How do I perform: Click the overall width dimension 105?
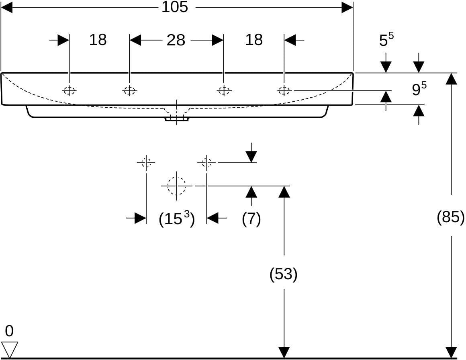[175, 7]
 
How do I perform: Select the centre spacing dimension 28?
[176, 40]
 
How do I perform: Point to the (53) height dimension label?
[283, 274]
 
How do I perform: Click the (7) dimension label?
[251, 219]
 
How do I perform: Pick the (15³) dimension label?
[176, 219]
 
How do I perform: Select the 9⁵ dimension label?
[419, 88]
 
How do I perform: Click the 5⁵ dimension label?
[386, 39]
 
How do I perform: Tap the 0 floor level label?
[9, 331]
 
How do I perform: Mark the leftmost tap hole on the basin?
[69, 90]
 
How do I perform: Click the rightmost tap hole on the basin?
[284, 90]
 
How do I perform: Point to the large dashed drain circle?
[176, 186]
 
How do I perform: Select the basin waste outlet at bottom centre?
[177, 119]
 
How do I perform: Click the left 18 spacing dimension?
[98, 39]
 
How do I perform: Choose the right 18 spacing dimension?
[254, 39]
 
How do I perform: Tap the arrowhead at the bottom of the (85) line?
[451, 353]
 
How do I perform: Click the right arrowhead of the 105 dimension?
[347, 7]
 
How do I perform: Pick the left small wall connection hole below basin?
[146, 163]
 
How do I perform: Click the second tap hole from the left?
[129, 90]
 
